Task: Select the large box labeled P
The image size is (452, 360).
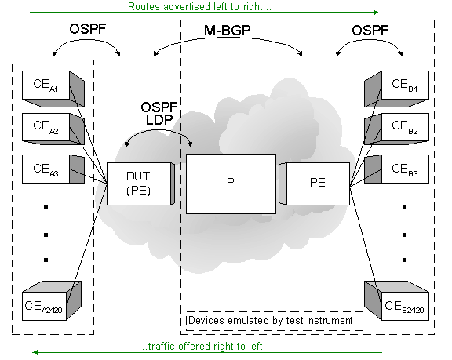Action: click(x=231, y=184)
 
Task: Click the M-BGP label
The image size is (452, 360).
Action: click(x=228, y=31)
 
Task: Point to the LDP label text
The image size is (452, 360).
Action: click(x=159, y=120)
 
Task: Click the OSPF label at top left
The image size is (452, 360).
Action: click(x=88, y=29)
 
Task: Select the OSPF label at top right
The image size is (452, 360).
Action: click(x=370, y=31)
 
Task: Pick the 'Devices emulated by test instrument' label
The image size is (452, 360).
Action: click(x=271, y=320)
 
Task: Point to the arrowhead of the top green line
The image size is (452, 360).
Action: click(x=376, y=13)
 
